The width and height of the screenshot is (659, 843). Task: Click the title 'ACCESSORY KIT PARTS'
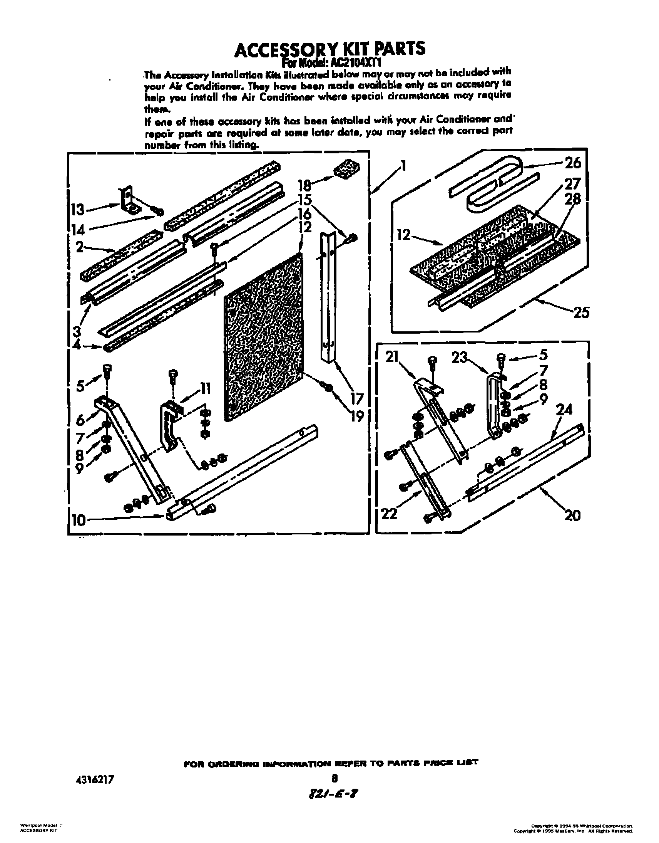[x=330, y=50]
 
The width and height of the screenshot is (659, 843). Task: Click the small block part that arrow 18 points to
[x=346, y=169]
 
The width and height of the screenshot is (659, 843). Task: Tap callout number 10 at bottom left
[x=78, y=521]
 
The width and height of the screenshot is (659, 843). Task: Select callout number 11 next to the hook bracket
[x=205, y=389]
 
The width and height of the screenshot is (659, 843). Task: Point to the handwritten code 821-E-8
[x=335, y=794]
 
